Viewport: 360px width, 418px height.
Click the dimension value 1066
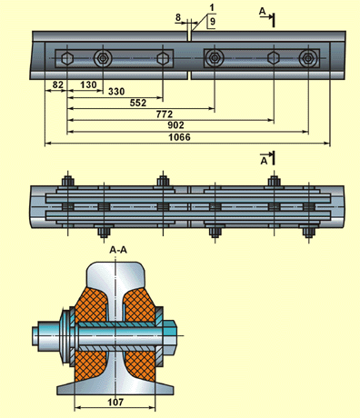click(179, 137)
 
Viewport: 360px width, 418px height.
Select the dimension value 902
click(175, 125)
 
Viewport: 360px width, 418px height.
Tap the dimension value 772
click(165, 114)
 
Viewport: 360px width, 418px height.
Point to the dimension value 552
click(138, 103)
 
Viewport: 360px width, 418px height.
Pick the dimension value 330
click(116, 92)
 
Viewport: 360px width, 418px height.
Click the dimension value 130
click(88, 85)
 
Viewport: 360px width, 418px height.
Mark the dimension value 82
click(58, 85)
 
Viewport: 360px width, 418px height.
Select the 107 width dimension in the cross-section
click(115, 403)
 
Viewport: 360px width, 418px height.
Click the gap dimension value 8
click(178, 17)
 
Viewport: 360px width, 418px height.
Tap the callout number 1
click(212, 8)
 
